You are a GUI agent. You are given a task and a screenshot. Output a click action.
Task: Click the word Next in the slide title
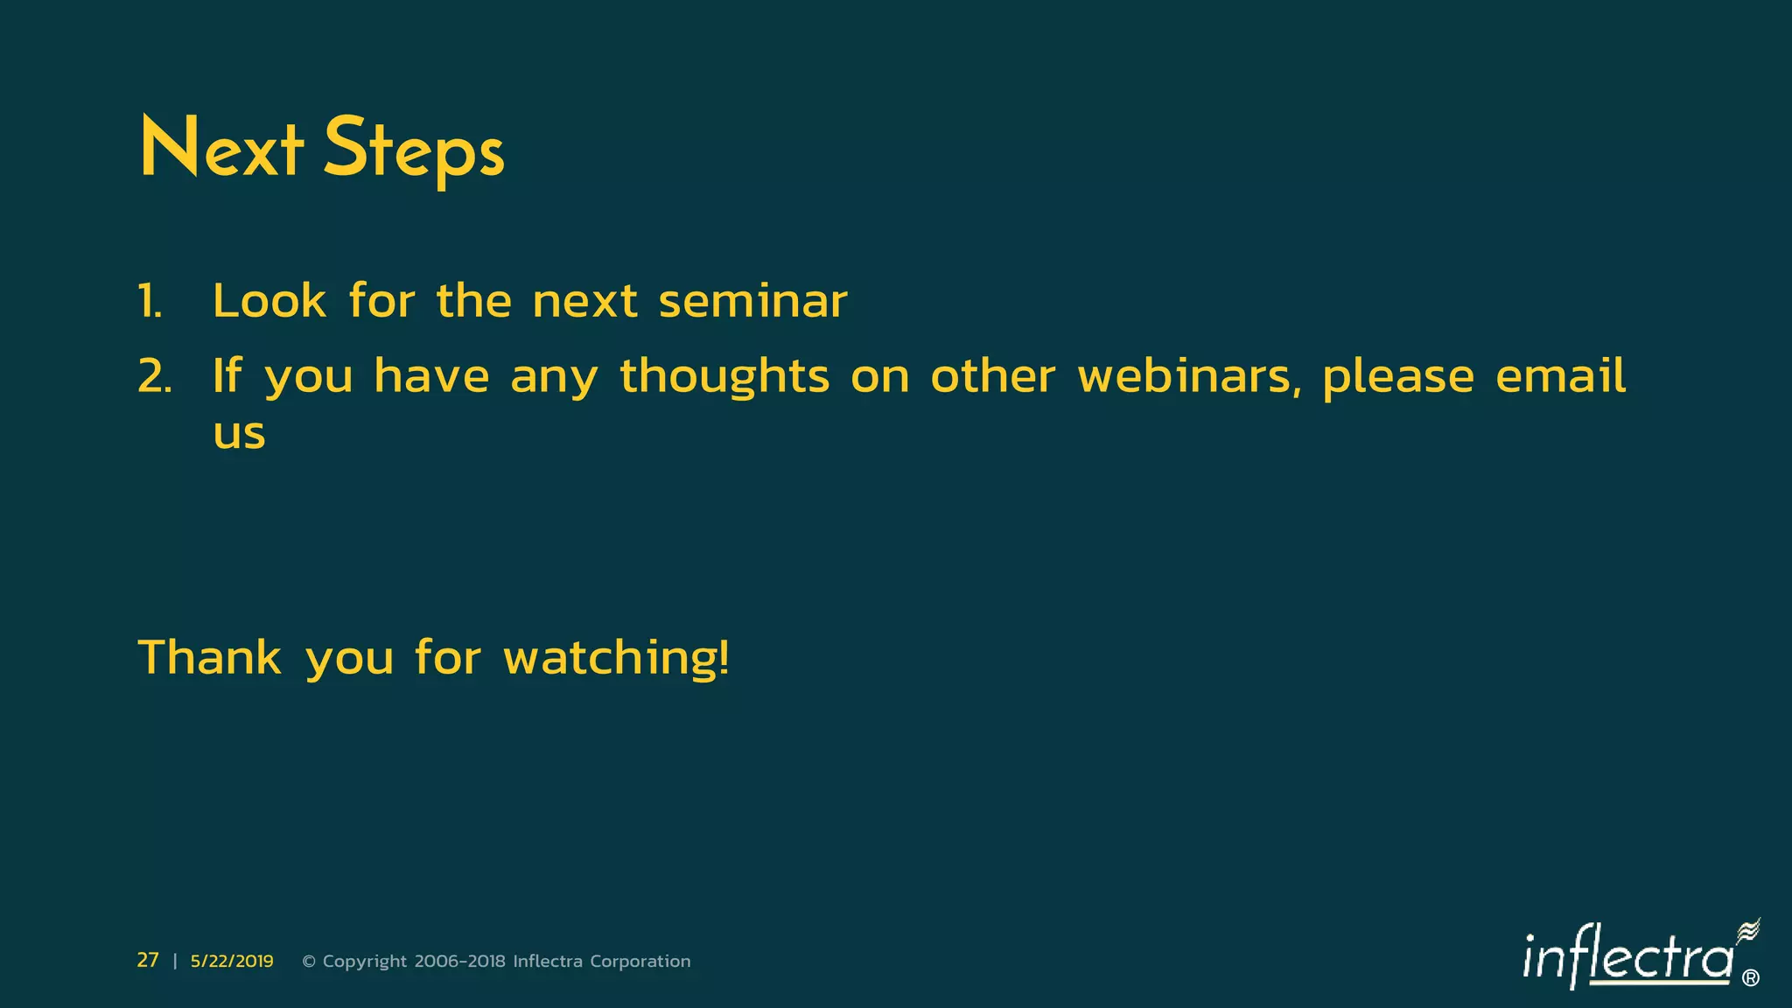click(221, 149)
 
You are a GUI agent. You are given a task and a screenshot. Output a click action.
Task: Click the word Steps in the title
click(414, 150)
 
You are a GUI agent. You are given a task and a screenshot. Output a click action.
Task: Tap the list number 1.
click(150, 302)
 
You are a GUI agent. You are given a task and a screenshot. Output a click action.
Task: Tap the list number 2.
click(154, 377)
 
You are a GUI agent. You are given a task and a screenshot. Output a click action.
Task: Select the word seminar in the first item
click(752, 302)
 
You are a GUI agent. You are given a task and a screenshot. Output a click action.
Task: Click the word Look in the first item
click(269, 302)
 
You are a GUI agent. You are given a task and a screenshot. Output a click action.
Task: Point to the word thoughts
click(724, 378)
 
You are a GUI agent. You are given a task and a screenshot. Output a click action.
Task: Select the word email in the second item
click(1561, 376)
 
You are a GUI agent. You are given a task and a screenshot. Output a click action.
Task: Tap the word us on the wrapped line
click(239, 435)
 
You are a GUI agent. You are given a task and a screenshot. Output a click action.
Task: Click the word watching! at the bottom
click(616, 659)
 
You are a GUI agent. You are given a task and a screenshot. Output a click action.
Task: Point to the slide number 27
click(148, 961)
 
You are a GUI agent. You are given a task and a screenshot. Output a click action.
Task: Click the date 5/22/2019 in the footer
click(232, 962)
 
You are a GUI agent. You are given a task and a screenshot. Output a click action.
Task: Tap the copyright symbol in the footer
click(309, 962)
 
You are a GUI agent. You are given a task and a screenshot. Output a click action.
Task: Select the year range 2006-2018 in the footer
click(459, 962)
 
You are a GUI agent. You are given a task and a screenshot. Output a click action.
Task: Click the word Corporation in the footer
click(640, 962)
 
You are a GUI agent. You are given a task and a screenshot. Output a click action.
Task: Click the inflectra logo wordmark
click(1627, 958)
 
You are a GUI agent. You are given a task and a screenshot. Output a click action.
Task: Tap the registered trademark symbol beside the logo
click(1751, 978)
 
